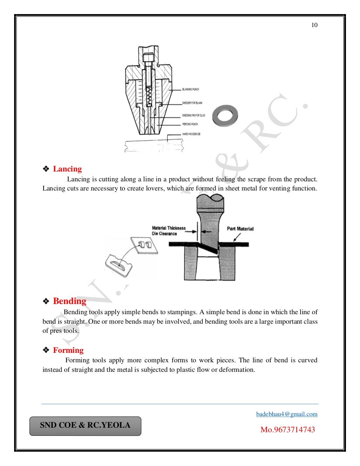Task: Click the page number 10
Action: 314,25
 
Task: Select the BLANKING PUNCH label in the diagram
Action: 191,90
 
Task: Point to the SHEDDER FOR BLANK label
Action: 192,103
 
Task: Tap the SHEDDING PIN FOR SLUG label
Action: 194,115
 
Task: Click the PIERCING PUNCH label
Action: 190,124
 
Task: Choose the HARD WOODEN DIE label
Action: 191,134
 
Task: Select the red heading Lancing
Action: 67,169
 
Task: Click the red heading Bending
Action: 70,301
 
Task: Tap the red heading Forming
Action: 68,350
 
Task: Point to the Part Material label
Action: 240,229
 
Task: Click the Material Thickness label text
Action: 169,228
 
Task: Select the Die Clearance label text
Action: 165,234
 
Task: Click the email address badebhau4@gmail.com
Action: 287,414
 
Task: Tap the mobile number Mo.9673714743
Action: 288,429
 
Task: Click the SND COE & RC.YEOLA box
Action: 85,426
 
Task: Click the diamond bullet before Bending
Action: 46,302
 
